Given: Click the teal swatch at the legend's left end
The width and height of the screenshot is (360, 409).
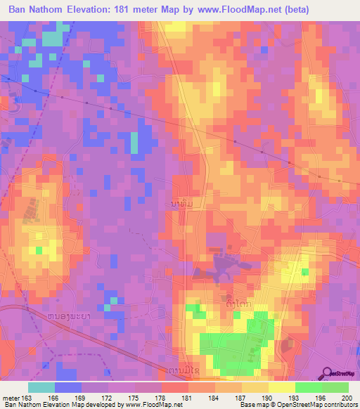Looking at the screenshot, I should click(41, 387).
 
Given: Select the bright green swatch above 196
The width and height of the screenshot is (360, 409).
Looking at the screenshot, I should click(308, 387).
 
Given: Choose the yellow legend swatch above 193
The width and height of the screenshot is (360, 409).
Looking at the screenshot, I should click(281, 387).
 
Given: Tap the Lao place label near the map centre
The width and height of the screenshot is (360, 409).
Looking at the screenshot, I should click(179, 202).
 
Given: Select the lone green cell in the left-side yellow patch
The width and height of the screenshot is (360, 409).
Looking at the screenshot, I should click(39, 249).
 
